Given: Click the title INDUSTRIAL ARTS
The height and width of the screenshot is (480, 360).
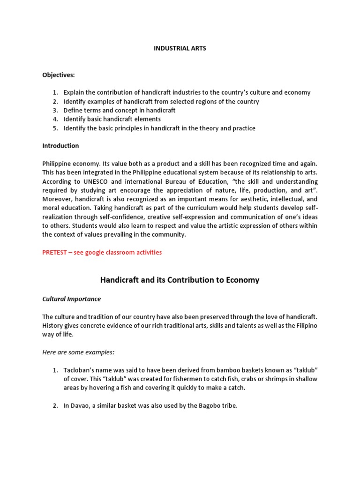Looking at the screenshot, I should (180, 48).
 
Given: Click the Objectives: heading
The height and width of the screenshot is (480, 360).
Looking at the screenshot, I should (58, 75).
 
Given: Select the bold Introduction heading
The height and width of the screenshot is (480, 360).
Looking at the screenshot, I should (60, 146).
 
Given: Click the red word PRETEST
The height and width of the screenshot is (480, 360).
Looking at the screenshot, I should (55, 252).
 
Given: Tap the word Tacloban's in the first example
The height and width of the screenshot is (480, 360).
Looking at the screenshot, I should (80, 370).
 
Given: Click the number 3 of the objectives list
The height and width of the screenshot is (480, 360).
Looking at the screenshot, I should (55, 111).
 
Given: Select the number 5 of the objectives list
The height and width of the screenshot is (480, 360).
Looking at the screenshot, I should (55, 128).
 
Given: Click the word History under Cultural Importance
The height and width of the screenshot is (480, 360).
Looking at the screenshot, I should (53, 326).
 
